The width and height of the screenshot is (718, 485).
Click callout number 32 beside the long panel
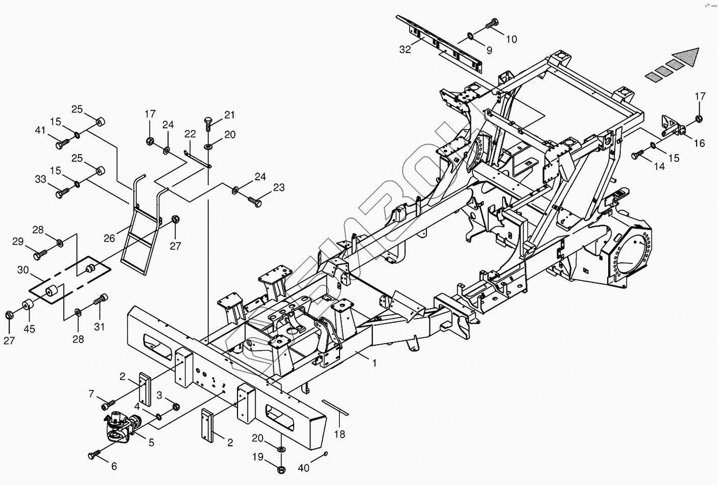click(405, 49)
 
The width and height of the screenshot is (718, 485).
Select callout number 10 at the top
click(511, 39)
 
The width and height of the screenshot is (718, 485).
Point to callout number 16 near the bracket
click(699, 143)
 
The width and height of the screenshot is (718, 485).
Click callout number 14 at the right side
click(659, 166)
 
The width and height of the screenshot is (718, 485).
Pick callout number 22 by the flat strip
click(190, 134)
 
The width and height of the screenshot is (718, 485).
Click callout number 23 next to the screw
click(279, 188)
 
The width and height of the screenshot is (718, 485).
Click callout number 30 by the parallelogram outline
click(22, 270)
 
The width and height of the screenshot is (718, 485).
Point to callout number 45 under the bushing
click(30, 329)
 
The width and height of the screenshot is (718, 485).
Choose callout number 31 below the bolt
click(100, 326)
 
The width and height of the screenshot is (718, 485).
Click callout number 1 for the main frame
click(374, 363)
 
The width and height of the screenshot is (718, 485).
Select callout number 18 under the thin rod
click(340, 434)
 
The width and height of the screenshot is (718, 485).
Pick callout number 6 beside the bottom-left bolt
click(113, 466)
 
